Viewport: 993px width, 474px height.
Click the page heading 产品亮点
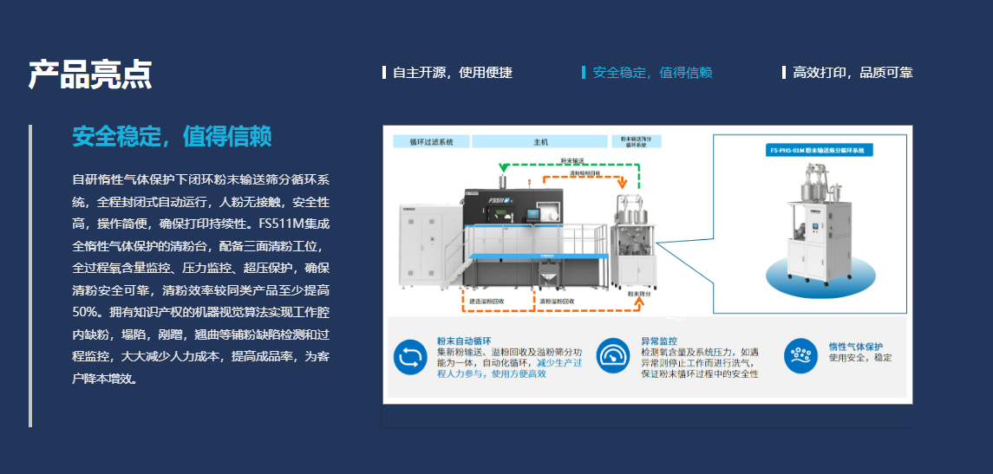[90, 75]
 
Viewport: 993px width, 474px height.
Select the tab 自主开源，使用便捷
[452, 73]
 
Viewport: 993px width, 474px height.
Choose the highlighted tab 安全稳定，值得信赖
[652, 73]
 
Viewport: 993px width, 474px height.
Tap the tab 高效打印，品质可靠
[852, 73]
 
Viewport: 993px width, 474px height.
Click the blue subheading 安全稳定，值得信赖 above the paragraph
[172, 136]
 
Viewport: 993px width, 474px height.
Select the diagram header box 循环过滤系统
[431, 142]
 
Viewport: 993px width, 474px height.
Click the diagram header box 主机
[540, 142]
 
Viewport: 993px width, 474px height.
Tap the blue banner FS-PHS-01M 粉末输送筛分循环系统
[820, 150]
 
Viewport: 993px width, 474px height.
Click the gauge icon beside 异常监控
[612, 355]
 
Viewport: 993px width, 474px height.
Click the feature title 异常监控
[659, 341]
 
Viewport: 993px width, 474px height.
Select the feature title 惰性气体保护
[855, 346]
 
